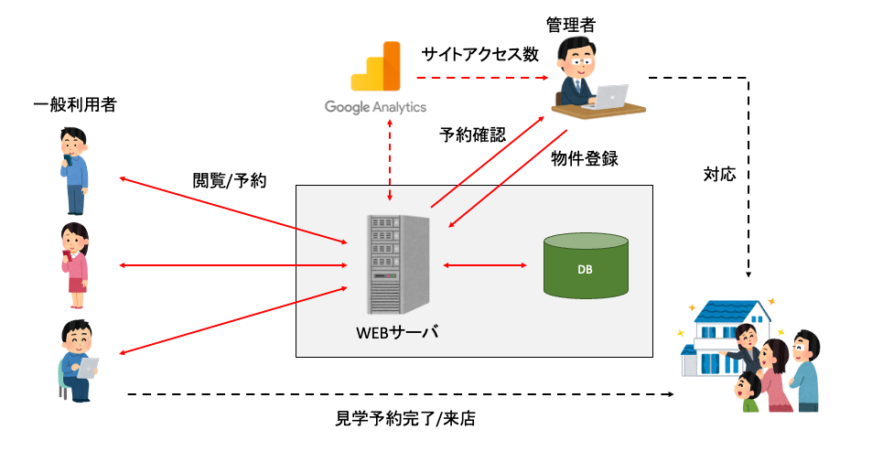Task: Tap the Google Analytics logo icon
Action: tap(377, 69)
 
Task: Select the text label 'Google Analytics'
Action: tap(375, 107)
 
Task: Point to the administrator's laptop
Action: tap(611, 94)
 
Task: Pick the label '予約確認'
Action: tap(472, 135)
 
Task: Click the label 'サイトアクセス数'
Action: tap(479, 54)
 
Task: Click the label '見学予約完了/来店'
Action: tap(406, 420)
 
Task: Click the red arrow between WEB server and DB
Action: tap(485, 265)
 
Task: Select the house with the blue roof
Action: tap(723, 339)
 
